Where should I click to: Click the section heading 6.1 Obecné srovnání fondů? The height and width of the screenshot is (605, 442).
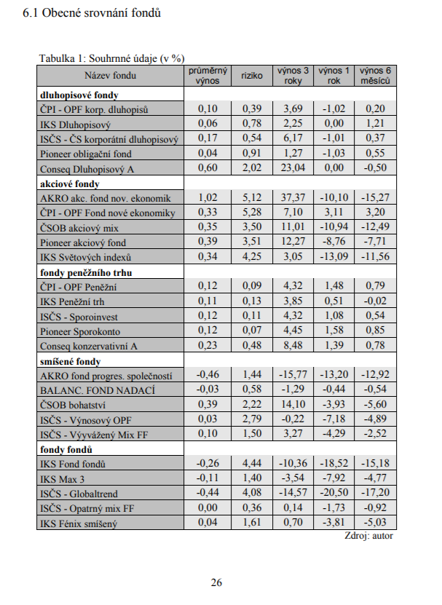tap(92, 14)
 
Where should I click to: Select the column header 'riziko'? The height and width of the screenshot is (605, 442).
tap(251, 76)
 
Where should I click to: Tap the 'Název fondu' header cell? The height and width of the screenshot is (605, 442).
tap(110, 76)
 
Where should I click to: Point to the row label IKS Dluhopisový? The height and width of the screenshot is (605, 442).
tap(74, 124)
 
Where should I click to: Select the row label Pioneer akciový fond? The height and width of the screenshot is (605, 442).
tap(83, 242)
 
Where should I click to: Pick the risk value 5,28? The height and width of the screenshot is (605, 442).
tap(251, 213)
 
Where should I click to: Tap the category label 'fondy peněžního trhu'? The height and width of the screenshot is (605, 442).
tap(84, 272)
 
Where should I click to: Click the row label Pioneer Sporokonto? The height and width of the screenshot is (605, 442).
tap(81, 331)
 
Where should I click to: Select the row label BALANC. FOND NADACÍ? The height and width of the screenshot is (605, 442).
tap(98, 390)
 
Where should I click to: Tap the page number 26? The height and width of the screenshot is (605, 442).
tap(216, 582)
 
